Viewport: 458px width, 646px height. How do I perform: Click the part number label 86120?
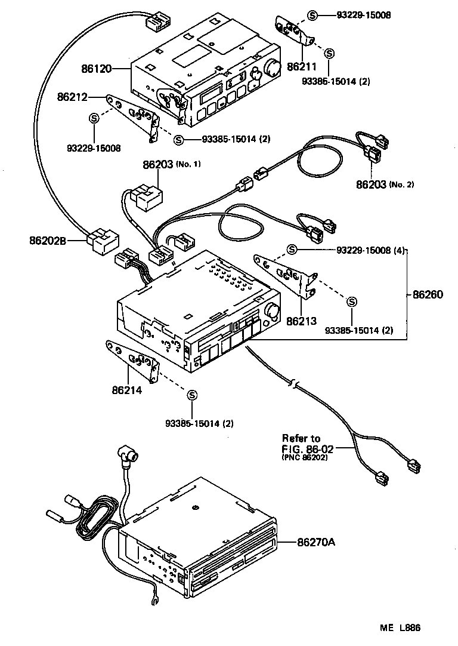click(x=97, y=69)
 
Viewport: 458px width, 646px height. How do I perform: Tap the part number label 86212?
click(x=72, y=96)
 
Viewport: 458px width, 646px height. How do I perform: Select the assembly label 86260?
click(x=428, y=294)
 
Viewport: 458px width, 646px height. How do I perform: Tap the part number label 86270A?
click(x=316, y=542)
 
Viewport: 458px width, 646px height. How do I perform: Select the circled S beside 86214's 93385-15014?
click(x=192, y=395)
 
